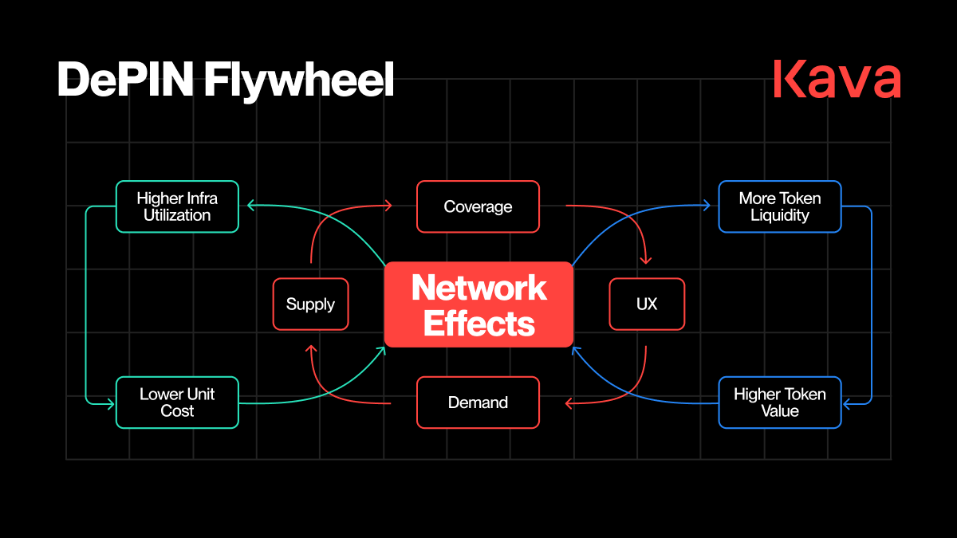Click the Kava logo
point(837,79)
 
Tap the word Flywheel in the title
point(299,81)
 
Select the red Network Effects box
point(478,304)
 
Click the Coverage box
point(478,206)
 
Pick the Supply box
point(310,304)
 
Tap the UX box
point(647,304)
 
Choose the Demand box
point(478,403)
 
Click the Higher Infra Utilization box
point(177,206)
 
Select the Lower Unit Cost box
point(177,403)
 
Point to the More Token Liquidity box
point(779,206)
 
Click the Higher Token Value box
point(779,403)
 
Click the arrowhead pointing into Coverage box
point(388,206)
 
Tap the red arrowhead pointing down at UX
point(647,260)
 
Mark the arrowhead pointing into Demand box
point(569,404)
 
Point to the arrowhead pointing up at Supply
point(310,348)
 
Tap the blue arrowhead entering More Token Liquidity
point(706,206)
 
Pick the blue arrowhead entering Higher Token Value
point(847,404)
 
